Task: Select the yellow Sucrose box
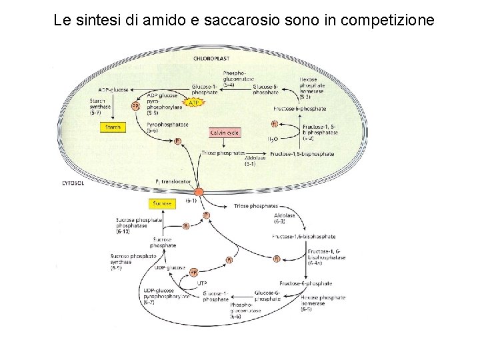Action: click(x=162, y=203)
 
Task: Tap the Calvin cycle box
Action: click(x=225, y=133)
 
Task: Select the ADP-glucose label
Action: click(x=113, y=89)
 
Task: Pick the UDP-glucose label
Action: click(x=170, y=267)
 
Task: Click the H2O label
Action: click(x=273, y=139)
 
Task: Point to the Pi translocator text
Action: click(x=173, y=181)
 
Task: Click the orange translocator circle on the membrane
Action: click(x=199, y=192)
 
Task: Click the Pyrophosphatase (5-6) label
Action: click(x=167, y=127)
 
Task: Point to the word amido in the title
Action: click(x=164, y=21)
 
